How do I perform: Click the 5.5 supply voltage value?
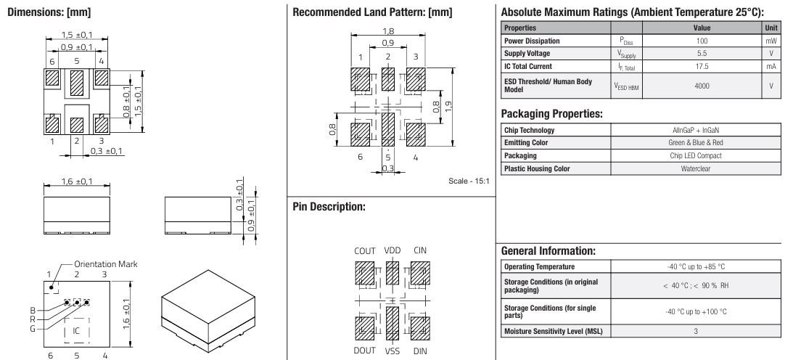(x=702, y=53)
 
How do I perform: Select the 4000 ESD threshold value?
(x=702, y=86)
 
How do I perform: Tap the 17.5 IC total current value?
(x=702, y=66)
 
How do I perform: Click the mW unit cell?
(x=771, y=41)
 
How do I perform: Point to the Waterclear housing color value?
(x=696, y=168)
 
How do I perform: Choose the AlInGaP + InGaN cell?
(x=696, y=130)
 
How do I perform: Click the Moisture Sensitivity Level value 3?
(x=696, y=332)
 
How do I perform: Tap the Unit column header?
(x=771, y=28)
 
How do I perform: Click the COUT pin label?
(x=364, y=250)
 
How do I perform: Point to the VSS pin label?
(x=393, y=351)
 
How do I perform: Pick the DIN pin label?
(x=420, y=351)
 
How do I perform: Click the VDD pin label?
(x=393, y=250)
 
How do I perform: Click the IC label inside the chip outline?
(x=75, y=330)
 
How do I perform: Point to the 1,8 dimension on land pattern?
(x=388, y=31)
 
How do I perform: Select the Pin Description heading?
(x=328, y=207)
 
